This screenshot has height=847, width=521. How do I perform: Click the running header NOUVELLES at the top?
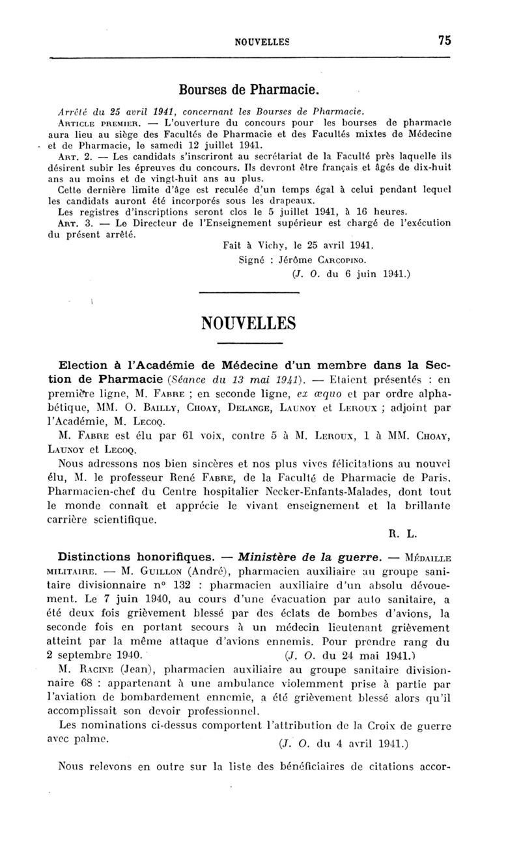click(x=261, y=41)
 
